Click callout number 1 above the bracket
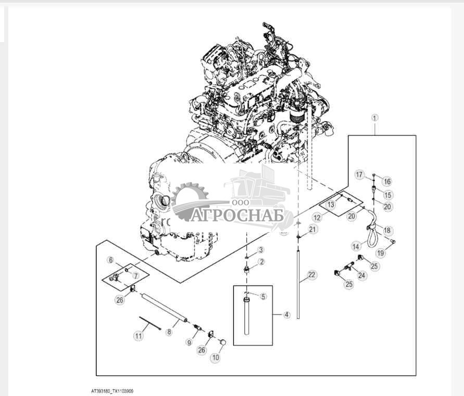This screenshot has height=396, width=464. coord(374,118)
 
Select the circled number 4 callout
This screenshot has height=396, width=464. coord(287,315)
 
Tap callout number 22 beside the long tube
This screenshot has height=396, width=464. coord(312,275)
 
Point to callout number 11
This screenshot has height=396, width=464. coord(139,336)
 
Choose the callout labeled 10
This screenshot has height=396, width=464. coord(216,357)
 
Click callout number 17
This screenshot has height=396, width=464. coord(359,174)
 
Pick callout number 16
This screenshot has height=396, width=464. coord(387,181)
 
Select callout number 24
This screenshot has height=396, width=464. coord(361,276)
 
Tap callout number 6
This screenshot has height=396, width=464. coord(111,260)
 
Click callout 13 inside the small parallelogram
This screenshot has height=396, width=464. coord(331,205)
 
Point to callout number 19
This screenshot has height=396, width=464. coord(381,253)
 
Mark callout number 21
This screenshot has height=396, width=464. coord(313,229)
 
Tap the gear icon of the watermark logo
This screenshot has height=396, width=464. coord(190,197)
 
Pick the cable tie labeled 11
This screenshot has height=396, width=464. coord(150,323)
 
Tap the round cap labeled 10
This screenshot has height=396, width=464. coord(222,342)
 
